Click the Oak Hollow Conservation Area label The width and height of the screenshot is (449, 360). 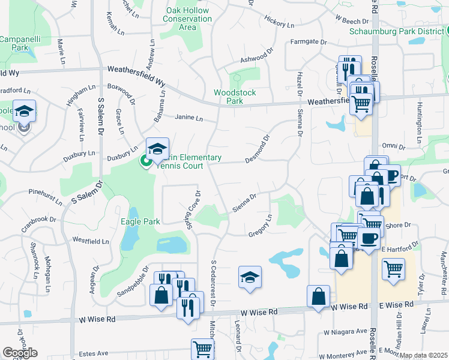[x=187, y=19]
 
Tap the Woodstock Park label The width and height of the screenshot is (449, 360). [x=235, y=97]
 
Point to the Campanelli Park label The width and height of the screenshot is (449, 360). [x=14, y=43]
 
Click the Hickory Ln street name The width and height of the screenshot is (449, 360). [x=279, y=23]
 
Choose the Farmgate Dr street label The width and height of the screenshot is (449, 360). [x=308, y=42]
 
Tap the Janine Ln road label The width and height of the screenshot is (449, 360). [x=188, y=118]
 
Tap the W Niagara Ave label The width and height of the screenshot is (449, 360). [x=345, y=331]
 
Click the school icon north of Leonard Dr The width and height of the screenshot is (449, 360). [x=250, y=277]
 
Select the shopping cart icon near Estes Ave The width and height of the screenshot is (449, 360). [x=203, y=348]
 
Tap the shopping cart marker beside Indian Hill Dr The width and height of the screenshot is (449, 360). [x=393, y=269]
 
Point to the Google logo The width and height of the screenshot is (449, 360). [x=20, y=353]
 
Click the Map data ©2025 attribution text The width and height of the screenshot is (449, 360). [x=424, y=355]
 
